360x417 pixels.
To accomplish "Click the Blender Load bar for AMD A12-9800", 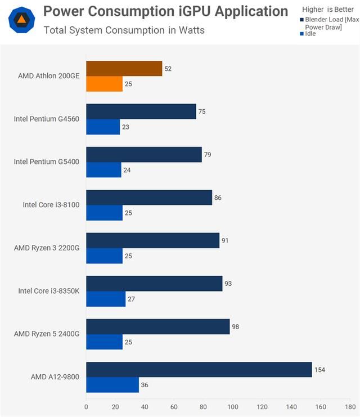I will [199, 369].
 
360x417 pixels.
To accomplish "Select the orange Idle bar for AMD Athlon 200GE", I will [104, 84].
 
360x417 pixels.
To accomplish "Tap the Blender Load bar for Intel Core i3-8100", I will [149, 198].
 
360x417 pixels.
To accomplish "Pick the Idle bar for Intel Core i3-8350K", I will [106, 299].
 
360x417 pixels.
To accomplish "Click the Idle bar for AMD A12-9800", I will [112, 385].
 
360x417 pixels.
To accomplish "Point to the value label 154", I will [320, 370].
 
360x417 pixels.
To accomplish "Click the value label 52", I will [168, 69].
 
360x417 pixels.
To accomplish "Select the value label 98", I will [235, 326].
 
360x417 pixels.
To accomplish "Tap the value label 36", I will [144, 385].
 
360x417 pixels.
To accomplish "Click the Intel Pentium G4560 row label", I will [47, 119].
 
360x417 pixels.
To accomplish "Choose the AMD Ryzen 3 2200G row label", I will [47, 248].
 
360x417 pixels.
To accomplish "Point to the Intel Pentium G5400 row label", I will [47, 162].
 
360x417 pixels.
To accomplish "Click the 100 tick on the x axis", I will [233, 406].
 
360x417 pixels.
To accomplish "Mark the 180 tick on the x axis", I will [350, 406].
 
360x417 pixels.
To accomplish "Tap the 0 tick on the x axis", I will [86, 406].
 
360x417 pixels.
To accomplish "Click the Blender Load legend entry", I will [329, 23].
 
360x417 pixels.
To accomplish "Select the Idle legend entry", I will [309, 34].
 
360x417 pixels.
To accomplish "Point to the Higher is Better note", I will [327, 10].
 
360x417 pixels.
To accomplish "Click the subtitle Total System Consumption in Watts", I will [124, 30].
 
